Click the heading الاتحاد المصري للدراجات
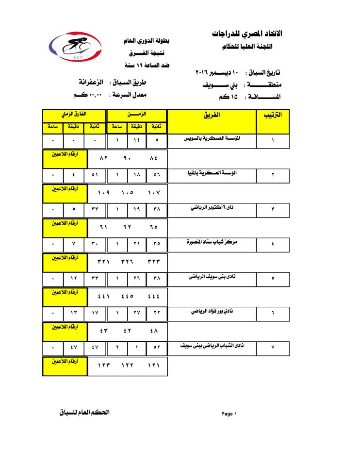pyautogui.click(x=246, y=34)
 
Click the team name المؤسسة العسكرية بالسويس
pyautogui.click(x=213, y=138)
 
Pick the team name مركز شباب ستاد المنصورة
pyautogui.click(x=213, y=242)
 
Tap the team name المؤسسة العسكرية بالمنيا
pyautogui.click(x=213, y=172)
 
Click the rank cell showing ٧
pyautogui.click(x=273, y=348)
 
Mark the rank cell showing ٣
pyautogui.click(x=273, y=209)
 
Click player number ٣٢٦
pyautogui.click(x=128, y=262)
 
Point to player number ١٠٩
pyautogui.click(x=104, y=193)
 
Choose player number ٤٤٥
pyautogui.click(x=128, y=296)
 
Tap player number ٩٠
pyautogui.click(x=128, y=158)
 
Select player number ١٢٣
pyautogui.click(x=104, y=366)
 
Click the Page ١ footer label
pyautogui.click(x=229, y=414)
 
